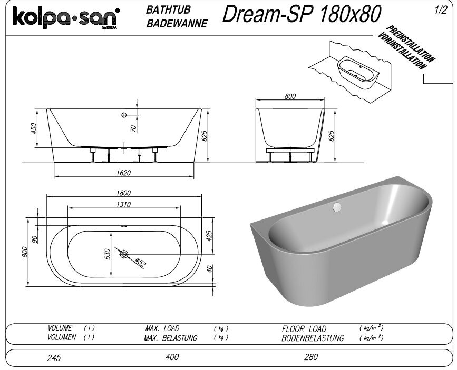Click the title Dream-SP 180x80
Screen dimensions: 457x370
click(302, 14)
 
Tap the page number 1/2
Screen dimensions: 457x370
click(440, 11)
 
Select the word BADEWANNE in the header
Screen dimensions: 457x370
click(177, 23)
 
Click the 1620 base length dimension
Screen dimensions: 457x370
click(123, 173)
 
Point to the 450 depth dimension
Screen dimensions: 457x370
click(34, 128)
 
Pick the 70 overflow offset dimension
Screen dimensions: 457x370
click(133, 128)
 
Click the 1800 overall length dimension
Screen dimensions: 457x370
click(123, 193)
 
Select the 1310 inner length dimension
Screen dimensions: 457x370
click(123, 204)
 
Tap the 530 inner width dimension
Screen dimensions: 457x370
click(107, 254)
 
